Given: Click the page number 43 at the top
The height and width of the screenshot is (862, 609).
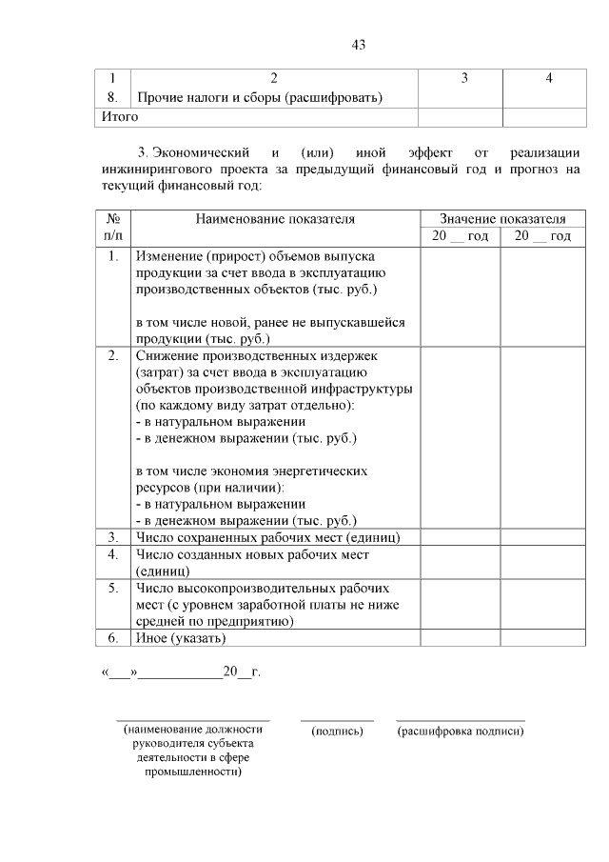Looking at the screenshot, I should click(358, 45).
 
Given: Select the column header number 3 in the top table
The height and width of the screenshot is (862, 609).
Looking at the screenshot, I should click(463, 78).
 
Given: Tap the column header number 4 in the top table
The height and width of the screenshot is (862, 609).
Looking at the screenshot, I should click(549, 78).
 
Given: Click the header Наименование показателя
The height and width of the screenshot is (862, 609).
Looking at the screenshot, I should click(275, 218).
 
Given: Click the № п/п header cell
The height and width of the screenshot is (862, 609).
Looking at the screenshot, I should click(112, 227).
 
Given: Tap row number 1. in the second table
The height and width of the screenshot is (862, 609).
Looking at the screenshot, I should click(112, 256).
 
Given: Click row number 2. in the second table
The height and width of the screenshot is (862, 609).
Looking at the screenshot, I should click(112, 355).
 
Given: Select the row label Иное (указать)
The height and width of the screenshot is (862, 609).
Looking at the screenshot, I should click(181, 637).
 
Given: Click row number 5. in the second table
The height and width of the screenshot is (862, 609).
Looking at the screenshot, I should click(112, 588).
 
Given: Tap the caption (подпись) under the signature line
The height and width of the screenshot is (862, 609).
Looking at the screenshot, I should click(337, 731).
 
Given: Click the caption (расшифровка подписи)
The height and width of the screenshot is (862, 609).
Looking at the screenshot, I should click(461, 731).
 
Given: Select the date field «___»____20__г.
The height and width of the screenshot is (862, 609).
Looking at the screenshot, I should click(180, 672).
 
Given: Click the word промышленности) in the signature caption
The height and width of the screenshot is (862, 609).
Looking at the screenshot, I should click(192, 772).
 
